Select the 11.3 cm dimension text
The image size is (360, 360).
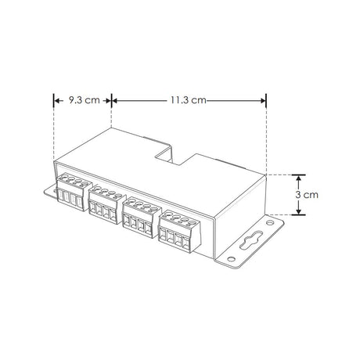coord(188,100)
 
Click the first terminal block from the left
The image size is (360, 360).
coord(70,194)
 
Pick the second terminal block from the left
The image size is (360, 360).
coord(104,204)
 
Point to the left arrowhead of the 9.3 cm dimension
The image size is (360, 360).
coord(56,100)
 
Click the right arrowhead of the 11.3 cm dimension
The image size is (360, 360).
coord(264,100)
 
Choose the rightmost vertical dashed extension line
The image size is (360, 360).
coord(267,137)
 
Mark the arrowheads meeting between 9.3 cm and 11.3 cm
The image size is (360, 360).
coord(113,100)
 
